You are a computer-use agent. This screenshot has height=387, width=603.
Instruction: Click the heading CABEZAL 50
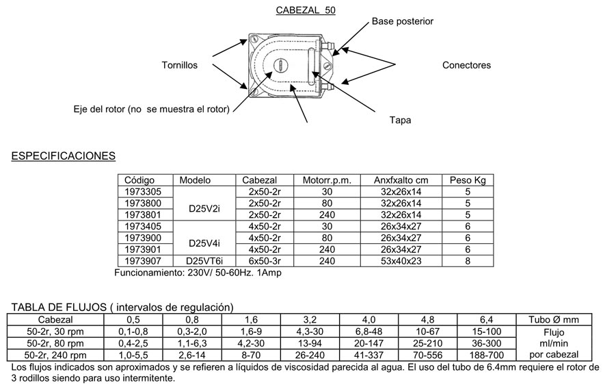tap(305, 11)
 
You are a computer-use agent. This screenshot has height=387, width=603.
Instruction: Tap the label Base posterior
tap(402, 21)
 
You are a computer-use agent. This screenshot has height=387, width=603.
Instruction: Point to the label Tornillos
tap(179, 66)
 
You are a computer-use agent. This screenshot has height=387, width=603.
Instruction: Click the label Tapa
tap(400, 119)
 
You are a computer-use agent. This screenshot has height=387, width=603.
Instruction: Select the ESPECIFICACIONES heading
tap(64, 157)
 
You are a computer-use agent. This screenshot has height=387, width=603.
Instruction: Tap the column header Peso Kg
tap(467, 181)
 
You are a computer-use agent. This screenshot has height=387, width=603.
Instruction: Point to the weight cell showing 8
tap(468, 260)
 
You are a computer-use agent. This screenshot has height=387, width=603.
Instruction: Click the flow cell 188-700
tap(487, 355)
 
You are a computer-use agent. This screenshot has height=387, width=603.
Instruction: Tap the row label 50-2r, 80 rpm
tap(56, 342)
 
